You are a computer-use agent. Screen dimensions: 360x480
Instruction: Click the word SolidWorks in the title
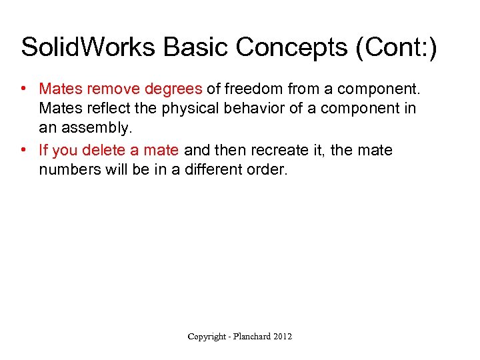click(x=88, y=48)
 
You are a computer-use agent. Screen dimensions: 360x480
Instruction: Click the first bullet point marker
click(x=23, y=89)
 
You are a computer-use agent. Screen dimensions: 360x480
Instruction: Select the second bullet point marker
click(x=23, y=151)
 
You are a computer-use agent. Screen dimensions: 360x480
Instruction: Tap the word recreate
click(x=279, y=151)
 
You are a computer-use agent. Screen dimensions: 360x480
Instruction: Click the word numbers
click(x=67, y=170)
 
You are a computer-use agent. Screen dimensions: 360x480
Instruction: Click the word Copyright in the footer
click(x=207, y=337)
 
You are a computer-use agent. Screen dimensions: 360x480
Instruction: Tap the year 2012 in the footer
click(x=283, y=337)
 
